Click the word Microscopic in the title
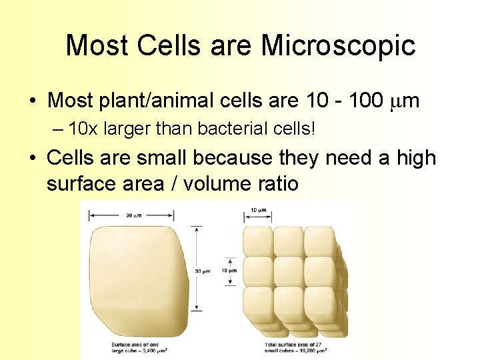[338, 46]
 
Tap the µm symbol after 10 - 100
[403, 101]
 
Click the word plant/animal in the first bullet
[155, 101]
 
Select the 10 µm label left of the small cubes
[229, 271]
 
